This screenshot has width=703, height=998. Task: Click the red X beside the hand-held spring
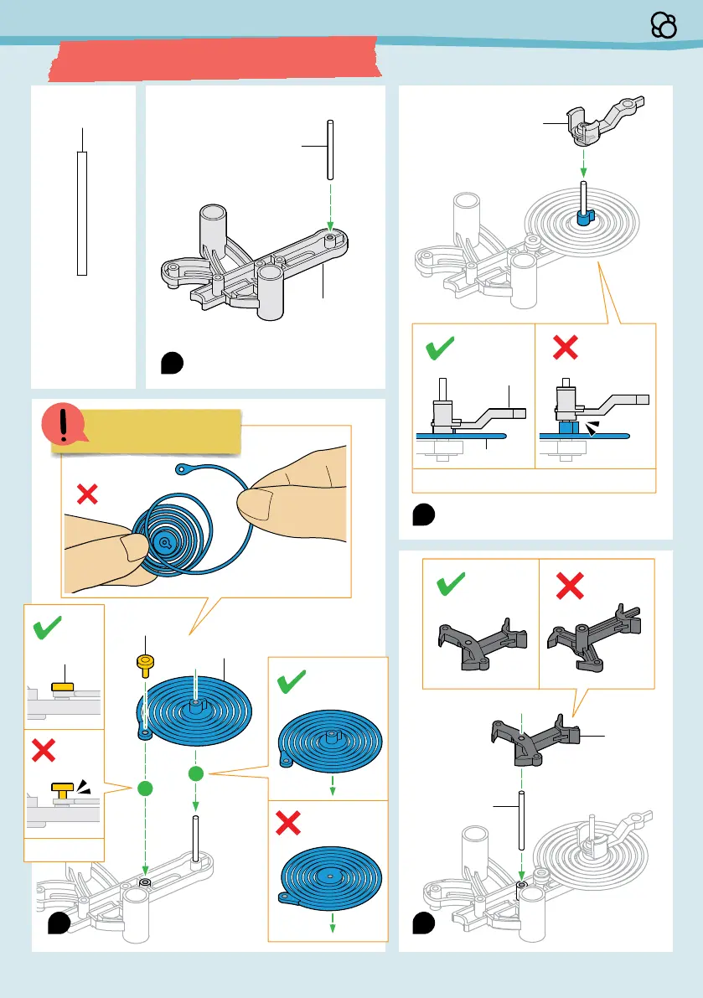(87, 494)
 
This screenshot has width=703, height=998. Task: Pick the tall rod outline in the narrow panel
(82, 213)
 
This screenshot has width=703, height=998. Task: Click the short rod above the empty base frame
(331, 149)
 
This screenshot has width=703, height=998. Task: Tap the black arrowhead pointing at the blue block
(593, 429)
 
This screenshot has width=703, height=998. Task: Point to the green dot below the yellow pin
(146, 787)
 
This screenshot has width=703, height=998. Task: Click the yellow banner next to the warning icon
(163, 429)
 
